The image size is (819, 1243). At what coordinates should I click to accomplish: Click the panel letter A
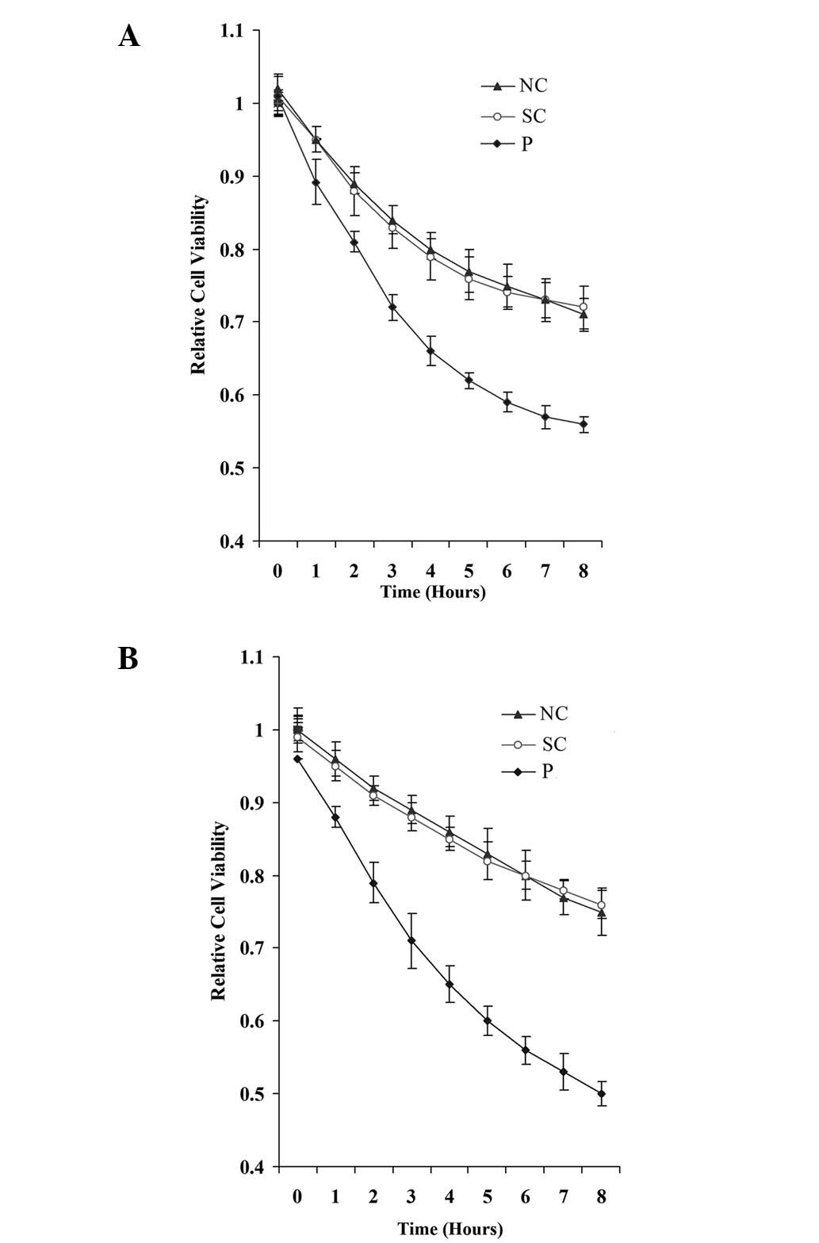point(128,36)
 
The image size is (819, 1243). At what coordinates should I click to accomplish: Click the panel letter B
point(128,659)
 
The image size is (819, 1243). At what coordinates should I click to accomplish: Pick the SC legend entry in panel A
point(515,117)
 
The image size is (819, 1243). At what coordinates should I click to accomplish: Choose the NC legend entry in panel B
point(536,713)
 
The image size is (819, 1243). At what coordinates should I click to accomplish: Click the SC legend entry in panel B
point(536,744)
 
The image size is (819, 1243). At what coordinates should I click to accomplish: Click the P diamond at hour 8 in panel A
point(584,424)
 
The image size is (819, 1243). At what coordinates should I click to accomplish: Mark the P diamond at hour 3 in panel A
point(392,307)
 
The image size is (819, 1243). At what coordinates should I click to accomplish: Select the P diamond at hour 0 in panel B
point(297,759)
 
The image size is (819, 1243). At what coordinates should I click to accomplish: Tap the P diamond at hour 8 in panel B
point(602,1094)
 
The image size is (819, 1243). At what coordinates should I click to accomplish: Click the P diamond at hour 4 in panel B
point(450,985)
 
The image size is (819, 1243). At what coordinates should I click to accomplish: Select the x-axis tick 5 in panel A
point(469,571)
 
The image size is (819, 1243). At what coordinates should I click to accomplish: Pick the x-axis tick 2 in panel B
point(373,1196)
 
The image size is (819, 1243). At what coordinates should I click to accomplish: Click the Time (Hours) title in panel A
point(433,591)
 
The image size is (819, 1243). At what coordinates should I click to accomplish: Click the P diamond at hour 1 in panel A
point(316,182)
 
